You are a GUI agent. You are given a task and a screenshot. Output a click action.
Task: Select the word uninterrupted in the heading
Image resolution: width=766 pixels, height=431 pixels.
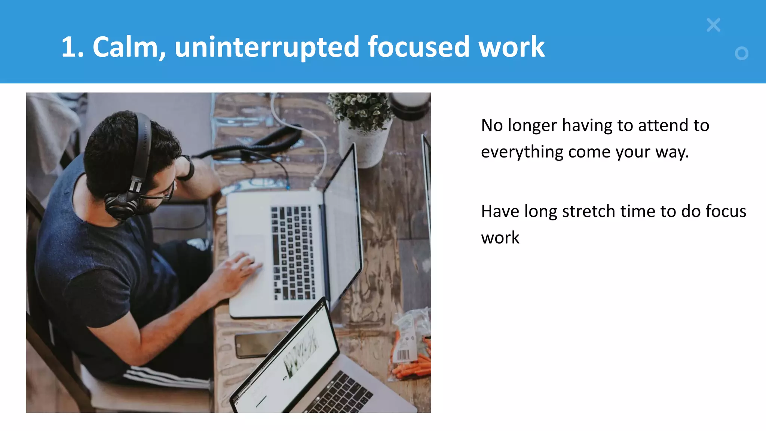tap(267, 47)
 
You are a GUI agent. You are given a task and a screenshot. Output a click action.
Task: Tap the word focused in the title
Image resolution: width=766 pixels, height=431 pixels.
tap(418, 47)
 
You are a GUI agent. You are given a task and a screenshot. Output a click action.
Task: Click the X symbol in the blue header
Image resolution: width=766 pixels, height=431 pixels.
tap(713, 25)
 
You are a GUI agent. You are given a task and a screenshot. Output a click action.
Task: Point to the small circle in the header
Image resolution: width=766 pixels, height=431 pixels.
tap(741, 54)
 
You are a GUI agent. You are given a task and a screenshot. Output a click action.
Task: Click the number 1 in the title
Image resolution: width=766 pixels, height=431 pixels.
tap(69, 47)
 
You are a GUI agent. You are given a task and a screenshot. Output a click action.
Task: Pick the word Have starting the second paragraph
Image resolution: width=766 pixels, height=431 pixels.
tap(500, 211)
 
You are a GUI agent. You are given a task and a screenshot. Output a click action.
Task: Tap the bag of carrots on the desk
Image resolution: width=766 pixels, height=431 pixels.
tap(410, 348)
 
